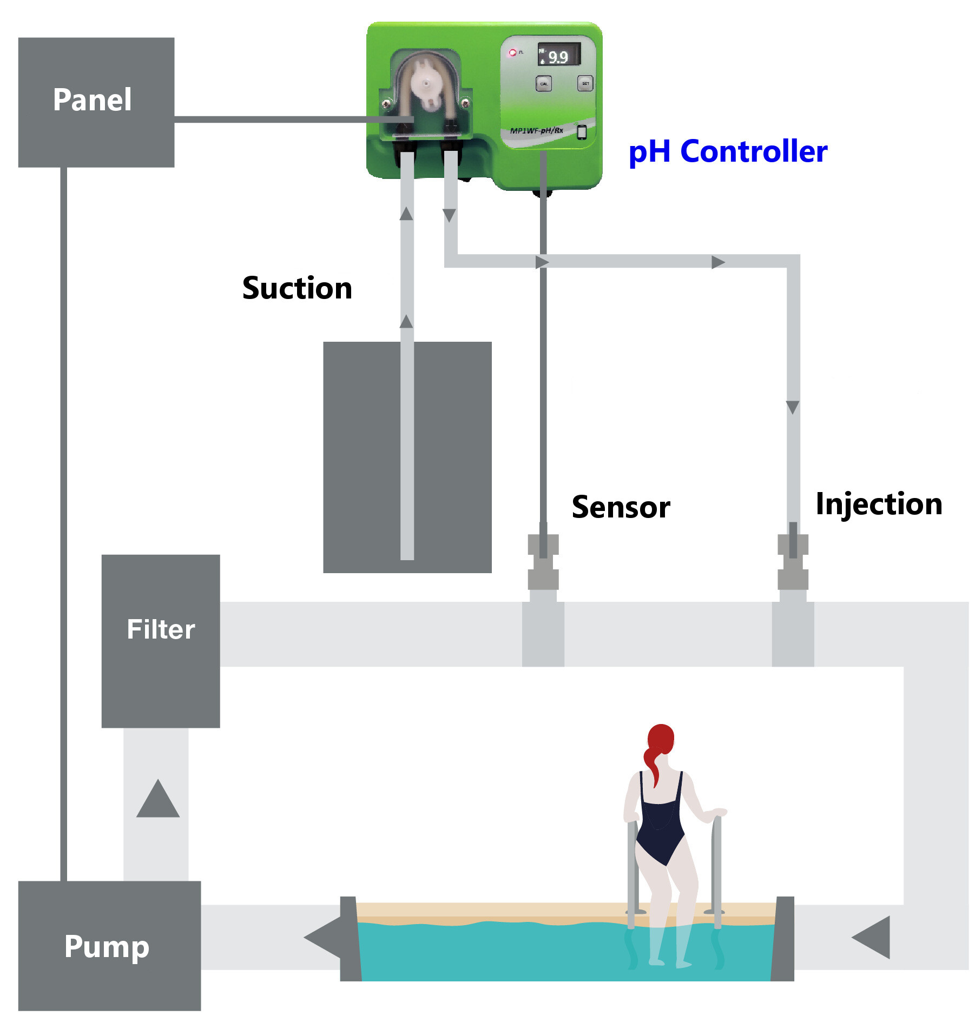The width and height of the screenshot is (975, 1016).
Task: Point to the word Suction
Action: click(297, 288)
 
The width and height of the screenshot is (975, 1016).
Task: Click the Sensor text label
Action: click(620, 507)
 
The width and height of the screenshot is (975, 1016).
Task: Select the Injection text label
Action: click(878, 504)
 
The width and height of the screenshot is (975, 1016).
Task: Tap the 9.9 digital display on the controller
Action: click(558, 55)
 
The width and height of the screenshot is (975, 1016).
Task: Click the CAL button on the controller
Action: click(543, 84)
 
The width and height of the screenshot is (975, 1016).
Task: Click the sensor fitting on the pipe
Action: click(543, 562)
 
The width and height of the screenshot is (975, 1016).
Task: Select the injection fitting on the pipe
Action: click(792, 562)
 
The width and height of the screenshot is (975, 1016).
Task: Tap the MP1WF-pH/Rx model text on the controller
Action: click(536, 130)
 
